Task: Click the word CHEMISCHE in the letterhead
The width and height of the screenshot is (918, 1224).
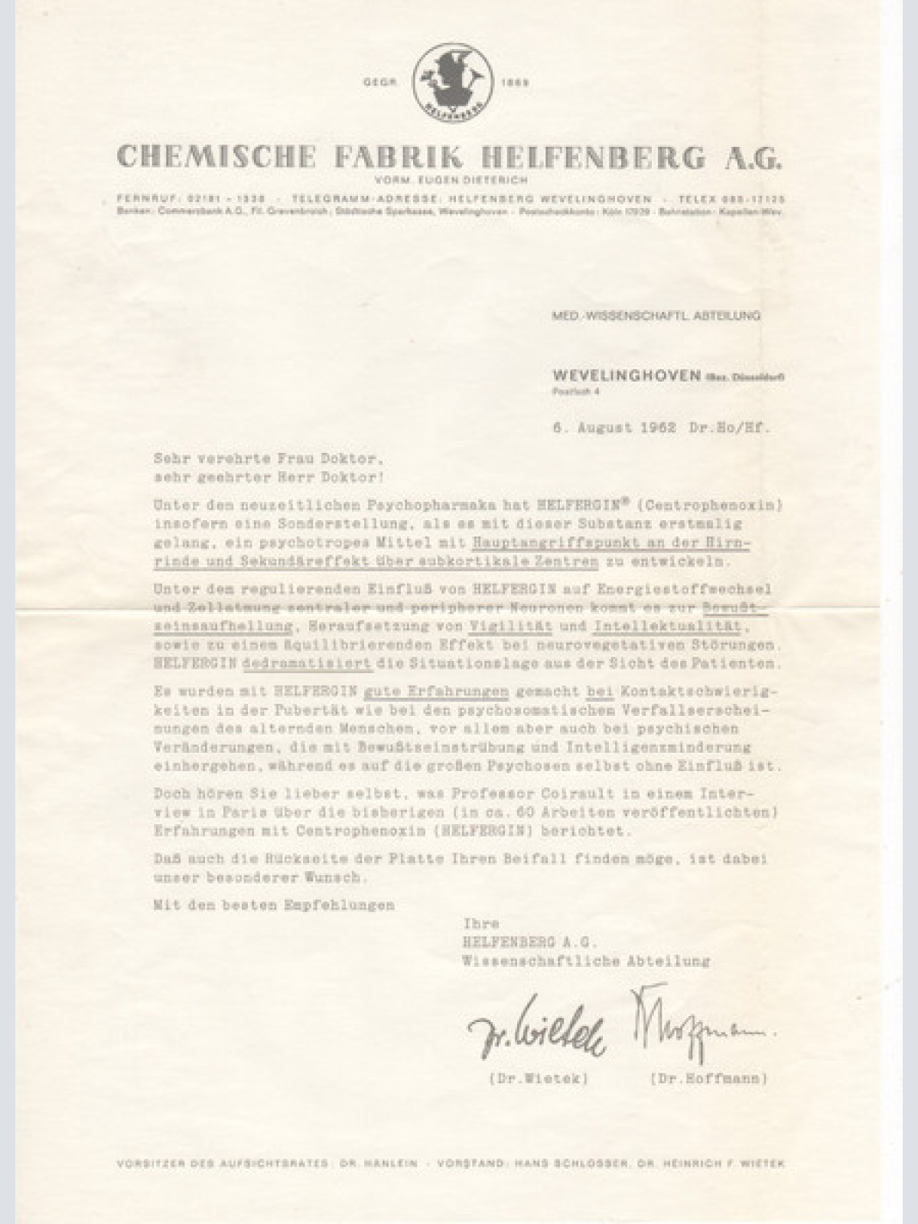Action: pyautogui.click(x=216, y=157)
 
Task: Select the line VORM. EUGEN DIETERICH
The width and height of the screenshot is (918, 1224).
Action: pyautogui.click(x=451, y=180)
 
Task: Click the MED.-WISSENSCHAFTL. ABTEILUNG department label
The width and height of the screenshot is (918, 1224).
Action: pyautogui.click(x=656, y=315)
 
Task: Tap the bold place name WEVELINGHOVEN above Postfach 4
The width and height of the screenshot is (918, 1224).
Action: pyautogui.click(x=627, y=376)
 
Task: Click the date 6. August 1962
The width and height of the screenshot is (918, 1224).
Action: pyautogui.click(x=614, y=428)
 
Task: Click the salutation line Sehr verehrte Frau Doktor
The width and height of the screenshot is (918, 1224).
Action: pyautogui.click(x=266, y=459)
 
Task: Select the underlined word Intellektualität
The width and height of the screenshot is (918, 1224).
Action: pyautogui.click(x=667, y=627)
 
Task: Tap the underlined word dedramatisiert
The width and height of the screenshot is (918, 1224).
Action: pyautogui.click(x=307, y=663)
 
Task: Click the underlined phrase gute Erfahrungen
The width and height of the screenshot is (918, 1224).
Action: pyautogui.click(x=436, y=692)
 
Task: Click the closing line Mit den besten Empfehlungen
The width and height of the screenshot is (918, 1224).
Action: pyautogui.click(x=274, y=905)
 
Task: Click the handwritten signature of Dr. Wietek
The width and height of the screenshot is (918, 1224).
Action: pyautogui.click(x=537, y=1033)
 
